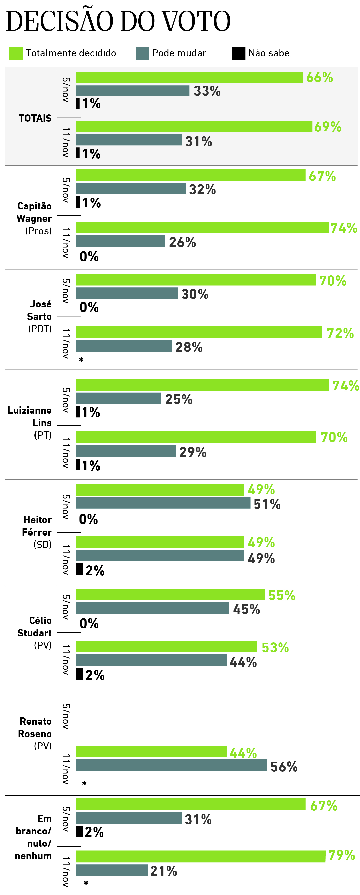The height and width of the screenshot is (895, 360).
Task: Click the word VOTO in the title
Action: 196,22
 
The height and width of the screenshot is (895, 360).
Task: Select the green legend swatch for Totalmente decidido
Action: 16,53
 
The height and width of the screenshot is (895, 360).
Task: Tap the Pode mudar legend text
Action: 179,53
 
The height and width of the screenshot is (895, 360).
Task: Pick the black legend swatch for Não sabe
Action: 238,53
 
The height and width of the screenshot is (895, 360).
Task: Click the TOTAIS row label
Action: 35,118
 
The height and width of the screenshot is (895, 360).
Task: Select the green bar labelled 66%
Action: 189,78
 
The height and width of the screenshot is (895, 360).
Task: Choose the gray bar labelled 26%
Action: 121,241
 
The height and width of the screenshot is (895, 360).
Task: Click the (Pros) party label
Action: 38,231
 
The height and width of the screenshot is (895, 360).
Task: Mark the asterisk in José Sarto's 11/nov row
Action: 81,360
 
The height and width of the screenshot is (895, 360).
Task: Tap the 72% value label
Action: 340,333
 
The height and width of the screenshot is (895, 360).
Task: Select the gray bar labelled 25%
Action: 118,398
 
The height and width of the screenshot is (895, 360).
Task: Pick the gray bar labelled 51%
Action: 163,503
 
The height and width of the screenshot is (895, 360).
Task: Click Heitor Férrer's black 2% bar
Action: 79,569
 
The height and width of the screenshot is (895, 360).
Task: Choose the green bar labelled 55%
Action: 170,595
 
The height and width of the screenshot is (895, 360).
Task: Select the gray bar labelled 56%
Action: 172,765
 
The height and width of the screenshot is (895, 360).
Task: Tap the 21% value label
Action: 164,871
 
